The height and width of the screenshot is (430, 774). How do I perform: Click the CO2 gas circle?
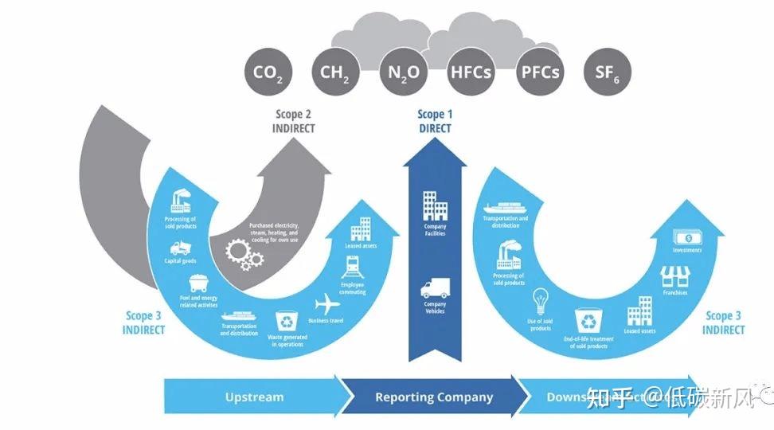[x=268, y=73]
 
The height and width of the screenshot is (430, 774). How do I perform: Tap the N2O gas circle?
[x=403, y=73]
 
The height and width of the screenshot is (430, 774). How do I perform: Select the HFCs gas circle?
[x=471, y=73]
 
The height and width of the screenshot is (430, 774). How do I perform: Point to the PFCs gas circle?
[x=539, y=73]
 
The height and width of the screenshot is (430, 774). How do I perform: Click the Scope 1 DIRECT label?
[x=434, y=121]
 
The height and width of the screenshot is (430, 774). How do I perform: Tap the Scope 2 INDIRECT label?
[x=295, y=121]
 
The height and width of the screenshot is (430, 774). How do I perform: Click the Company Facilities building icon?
[x=435, y=205]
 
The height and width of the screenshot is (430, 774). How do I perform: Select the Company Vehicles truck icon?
[x=435, y=289]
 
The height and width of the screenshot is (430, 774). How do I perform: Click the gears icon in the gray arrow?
[x=244, y=254]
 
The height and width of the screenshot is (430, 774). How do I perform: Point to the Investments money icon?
[x=686, y=237]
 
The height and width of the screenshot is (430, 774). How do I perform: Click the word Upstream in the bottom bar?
[x=254, y=397]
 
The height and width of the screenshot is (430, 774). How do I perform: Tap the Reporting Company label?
[x=434, y=397]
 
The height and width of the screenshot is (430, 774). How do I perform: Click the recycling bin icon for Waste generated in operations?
[x=286, y=321]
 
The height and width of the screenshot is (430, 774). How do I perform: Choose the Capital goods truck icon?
[x=181, y=248]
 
